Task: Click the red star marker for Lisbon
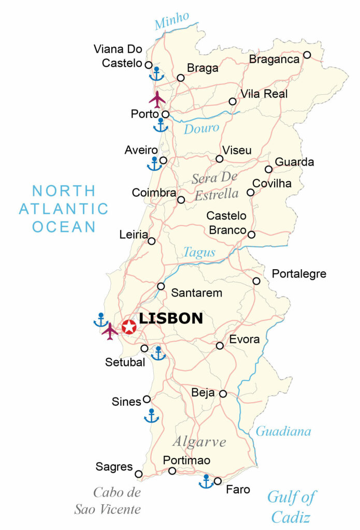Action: coord(129,327)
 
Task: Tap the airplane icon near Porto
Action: coord(157,99)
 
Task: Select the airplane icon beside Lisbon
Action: coord(110,331)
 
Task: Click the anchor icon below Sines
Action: coord(151,416)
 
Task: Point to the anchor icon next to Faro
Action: coord(206,481)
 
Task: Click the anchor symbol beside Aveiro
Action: coord(154,164)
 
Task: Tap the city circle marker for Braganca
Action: coord(307,55)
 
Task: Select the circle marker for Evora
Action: coord(220,345)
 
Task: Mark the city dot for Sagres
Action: coord(138,474)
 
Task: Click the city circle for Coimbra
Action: coord(181,200)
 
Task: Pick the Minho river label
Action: coord(171,22)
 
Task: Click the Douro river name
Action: coord(201,128)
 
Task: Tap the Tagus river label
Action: coord(199,252)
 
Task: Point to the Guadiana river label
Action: coord(283,431)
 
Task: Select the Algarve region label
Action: coord(199,442)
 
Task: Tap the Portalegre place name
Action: coord(299,274)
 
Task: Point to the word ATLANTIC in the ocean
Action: coord(64,209)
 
